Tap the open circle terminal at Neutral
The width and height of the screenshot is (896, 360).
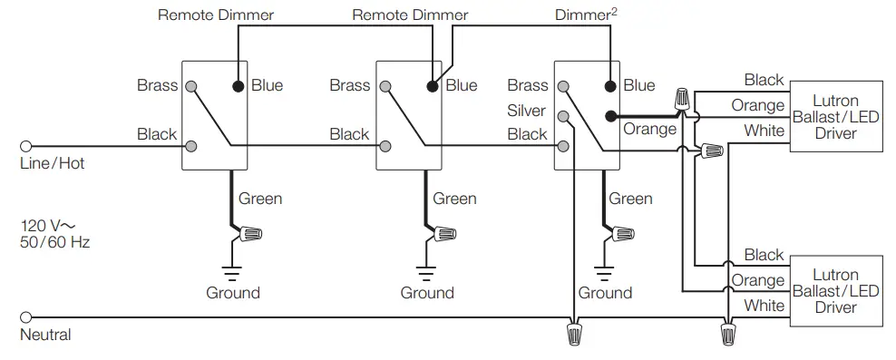(x=25, y=318)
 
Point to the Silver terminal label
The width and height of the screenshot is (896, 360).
(x=527, y=111)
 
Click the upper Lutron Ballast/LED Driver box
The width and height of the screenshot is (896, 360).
(x=835, y=116)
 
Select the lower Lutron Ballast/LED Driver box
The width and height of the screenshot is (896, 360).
(x=835, y=290)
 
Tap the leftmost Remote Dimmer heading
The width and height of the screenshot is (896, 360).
(x=215, y=15)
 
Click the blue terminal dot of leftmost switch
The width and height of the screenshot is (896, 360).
(x=239, y=87)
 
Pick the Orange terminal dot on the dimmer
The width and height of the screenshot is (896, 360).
(x=612, y=115)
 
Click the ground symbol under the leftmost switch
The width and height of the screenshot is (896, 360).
(x=232, y=271)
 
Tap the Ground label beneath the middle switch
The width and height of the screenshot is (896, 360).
(x=427, y=293)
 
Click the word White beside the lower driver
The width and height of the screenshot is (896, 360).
(x=764, y=306)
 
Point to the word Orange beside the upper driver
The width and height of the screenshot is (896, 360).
(x=757, y=106)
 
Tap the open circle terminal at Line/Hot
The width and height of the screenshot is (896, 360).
(x=25, y=145)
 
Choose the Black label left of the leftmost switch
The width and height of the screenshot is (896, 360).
(x=157, y=134)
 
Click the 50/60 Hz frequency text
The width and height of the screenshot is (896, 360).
(x=54, y=242)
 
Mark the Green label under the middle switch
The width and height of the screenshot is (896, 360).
(x=454, y=199)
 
